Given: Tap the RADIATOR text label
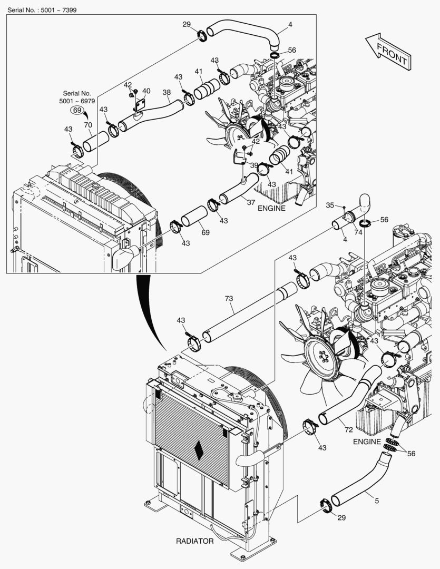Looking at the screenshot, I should coord(195,541).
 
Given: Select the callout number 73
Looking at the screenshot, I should coord(229,299).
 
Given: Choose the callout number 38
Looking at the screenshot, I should coord(167,92).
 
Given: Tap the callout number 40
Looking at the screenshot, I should coord(146,91).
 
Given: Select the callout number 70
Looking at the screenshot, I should coord(88,125).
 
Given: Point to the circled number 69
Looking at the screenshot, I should coord(77,110).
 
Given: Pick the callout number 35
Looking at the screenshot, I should coord(330,204).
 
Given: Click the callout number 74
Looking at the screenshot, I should coord(358,232).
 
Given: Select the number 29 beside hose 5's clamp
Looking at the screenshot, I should coord(341,517).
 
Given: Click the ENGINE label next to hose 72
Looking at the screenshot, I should coord(367,441).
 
